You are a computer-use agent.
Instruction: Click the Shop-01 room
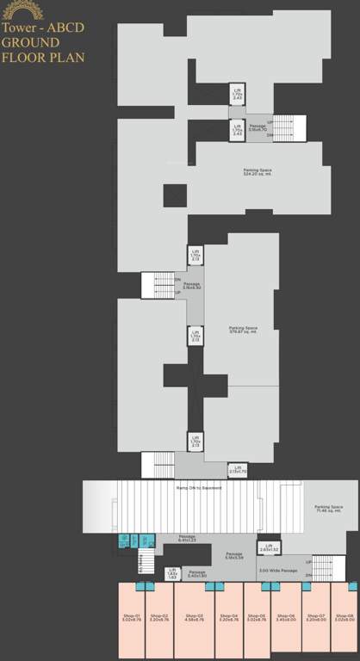[131, 617]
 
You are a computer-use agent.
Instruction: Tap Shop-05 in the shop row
[257, 617]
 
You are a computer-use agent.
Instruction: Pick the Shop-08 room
[344, 617]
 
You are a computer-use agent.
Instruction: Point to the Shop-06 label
[286, 617]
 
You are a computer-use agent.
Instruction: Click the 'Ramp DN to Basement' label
[199, 488]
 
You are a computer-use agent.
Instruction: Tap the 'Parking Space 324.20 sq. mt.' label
[258, 172]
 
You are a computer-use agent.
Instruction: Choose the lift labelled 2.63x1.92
[269, 547]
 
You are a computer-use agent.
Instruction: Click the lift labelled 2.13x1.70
[238, 470]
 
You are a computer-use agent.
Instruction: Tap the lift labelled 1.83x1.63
[172, 573]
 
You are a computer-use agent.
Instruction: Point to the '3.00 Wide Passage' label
[278, 571]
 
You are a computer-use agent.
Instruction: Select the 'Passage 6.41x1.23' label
[187, 540]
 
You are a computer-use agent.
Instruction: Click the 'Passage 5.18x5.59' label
[234, 555]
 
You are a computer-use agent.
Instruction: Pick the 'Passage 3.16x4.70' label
[258, 128]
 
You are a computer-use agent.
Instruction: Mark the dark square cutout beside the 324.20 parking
[175, 195]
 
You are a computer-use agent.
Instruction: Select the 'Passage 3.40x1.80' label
[197, 573]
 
